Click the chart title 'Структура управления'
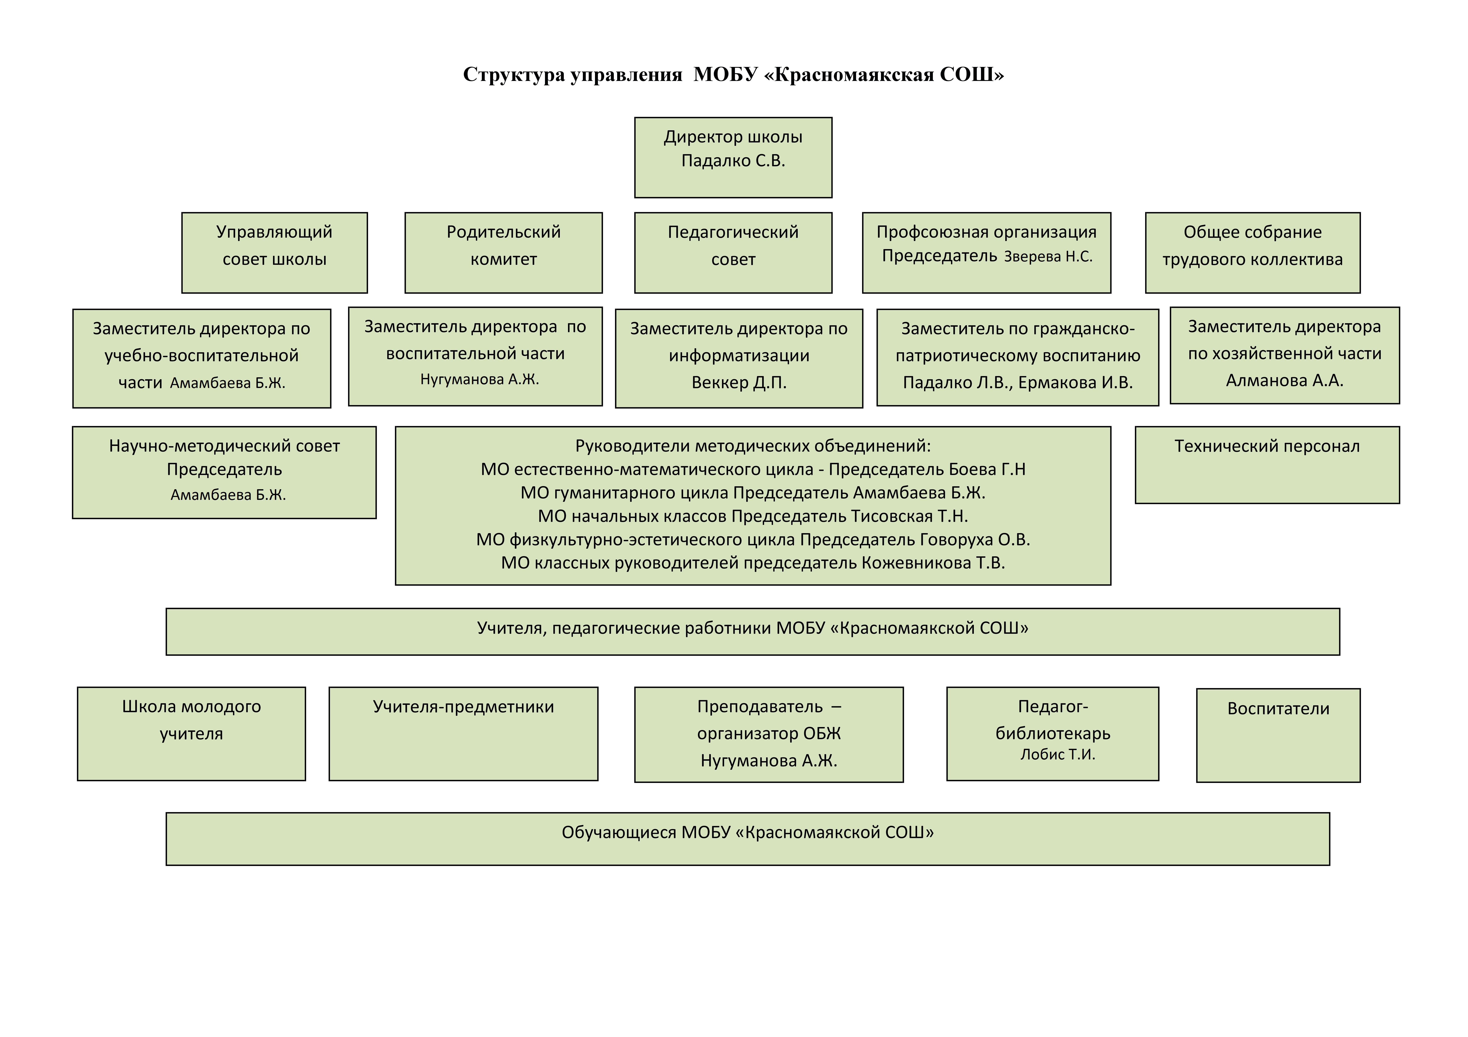coord(572,75)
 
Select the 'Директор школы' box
coord(733,157)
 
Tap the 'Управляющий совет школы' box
coord(274,252)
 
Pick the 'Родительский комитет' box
coord(503,252)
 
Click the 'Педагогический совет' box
coord(733,252)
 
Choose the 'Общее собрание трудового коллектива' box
coord(1253,252)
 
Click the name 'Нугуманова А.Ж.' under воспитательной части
coord(480,380)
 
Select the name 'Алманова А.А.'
coord(1285,380)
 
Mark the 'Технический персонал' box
coord(1267,465)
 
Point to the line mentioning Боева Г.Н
coord(753,469)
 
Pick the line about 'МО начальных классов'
coord(753,516)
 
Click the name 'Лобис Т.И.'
coord(1058,754)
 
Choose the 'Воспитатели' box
coord(1278,735)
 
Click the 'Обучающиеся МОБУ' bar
coord(747,839)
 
